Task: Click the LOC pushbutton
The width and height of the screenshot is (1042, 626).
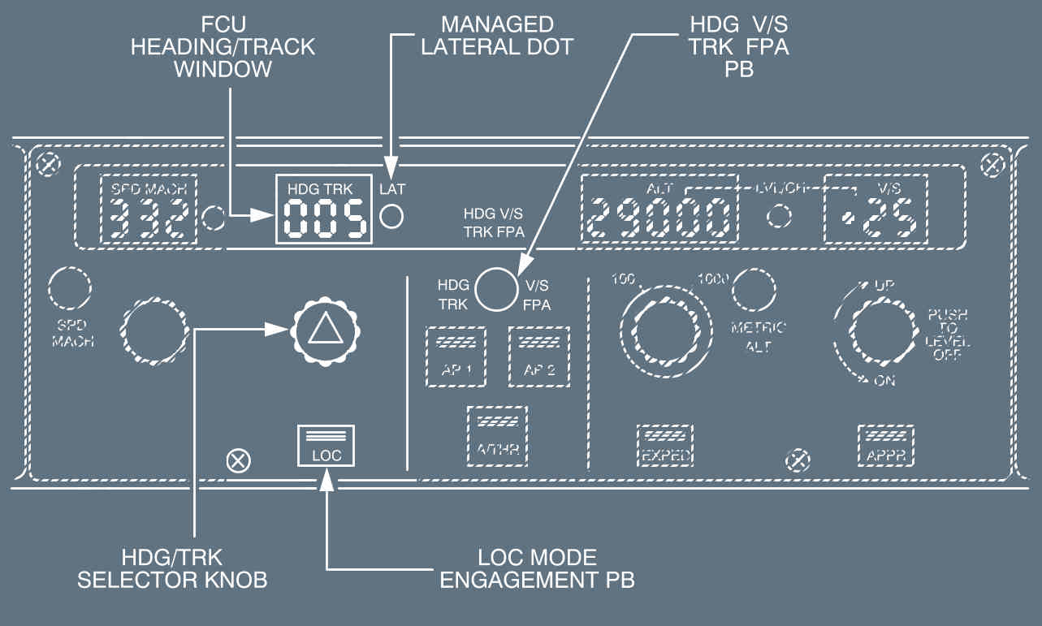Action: [326, 445]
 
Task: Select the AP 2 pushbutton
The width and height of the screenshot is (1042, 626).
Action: [538, 356]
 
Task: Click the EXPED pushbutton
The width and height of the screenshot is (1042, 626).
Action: [664, 445]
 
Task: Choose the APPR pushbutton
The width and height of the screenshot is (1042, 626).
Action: [885, 445]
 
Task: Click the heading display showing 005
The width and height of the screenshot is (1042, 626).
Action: [323, 217]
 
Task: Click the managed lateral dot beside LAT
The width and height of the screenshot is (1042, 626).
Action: [393, 216]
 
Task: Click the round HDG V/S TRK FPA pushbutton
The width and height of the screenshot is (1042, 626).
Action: [496, 290]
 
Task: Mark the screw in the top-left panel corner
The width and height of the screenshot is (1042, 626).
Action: [48, 164]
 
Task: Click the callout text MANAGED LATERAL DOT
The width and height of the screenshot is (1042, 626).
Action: [508, 35]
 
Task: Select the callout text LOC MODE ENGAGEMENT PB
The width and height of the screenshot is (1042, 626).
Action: [536, 568]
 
